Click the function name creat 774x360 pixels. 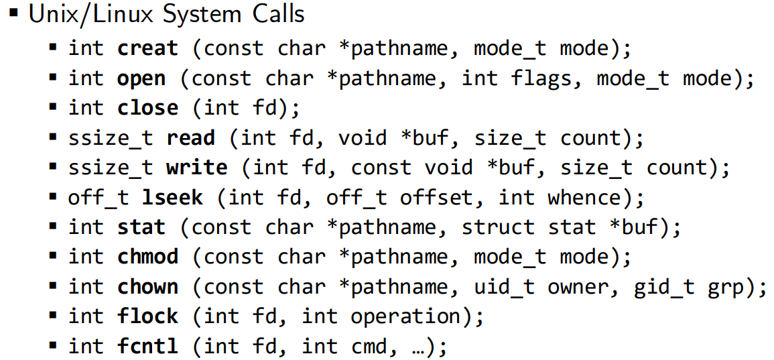pos(148,49)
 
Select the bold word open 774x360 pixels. pos(141,79)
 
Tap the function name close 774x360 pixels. pos(148,109)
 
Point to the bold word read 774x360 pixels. pos(190,138)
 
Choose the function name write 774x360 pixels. pos(196,168)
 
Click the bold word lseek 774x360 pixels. pos(172,198)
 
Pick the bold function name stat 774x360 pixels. pos(141,227)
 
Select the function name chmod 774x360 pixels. pos(148,257)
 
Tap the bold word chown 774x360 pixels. pos(148,287)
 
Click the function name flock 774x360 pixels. pos(148,316)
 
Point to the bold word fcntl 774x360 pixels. pos(148,346)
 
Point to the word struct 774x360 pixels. pos(498,227)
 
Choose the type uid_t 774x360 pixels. pos(505,287)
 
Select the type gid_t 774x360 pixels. pos(664,287)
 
